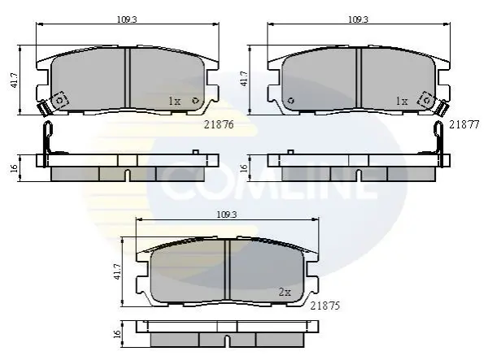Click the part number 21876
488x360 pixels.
click(219, 124)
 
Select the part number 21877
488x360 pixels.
click(464, 124)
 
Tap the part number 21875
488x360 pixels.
click(325, 306)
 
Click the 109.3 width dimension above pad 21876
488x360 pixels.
click(127, 20)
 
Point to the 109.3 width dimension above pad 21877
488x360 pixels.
click(358, 20)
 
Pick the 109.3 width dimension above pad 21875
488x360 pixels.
click(227, 215)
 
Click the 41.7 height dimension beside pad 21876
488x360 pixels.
click(15, 80)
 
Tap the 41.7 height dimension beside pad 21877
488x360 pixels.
click(244, 80)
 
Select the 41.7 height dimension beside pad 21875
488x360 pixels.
click(117, 271)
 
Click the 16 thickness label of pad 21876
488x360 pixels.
click(14, 168)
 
